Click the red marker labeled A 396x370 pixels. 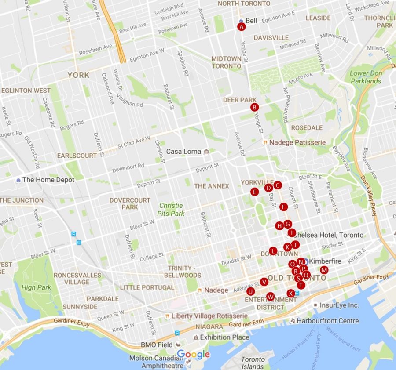point(241,27)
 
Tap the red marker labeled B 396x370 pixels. point(254,107)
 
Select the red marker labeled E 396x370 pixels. point(254,192)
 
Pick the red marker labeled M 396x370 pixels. point(324,270)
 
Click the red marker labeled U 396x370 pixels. point(250,291)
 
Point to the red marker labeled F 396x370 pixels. point(283,207)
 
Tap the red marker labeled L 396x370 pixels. point(273,251)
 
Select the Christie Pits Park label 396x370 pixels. point(172,209)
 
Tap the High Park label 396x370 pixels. point(36,287)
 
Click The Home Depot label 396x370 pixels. point(48,180)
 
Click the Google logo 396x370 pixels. point(193,354)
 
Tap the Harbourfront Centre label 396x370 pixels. point(327,321)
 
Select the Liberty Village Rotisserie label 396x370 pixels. point(209,316)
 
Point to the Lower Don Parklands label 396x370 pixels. point(365,77)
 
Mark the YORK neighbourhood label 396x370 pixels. point(78,75)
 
